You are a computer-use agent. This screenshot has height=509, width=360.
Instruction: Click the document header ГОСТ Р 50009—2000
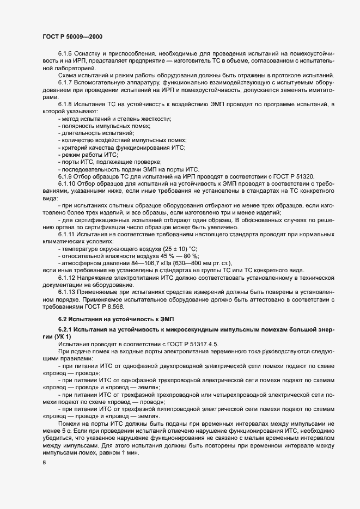coord(72,36)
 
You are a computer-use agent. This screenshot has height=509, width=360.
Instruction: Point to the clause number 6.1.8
coord(65,103)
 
